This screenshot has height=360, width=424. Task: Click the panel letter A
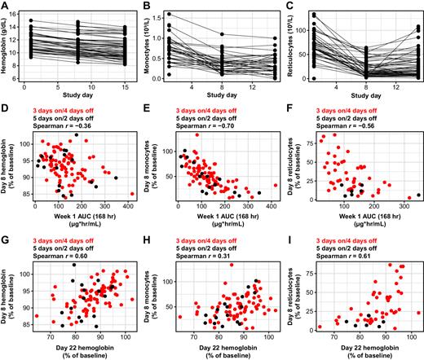tap(6, 6)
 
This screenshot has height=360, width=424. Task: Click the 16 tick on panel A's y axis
tap(21, 10)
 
